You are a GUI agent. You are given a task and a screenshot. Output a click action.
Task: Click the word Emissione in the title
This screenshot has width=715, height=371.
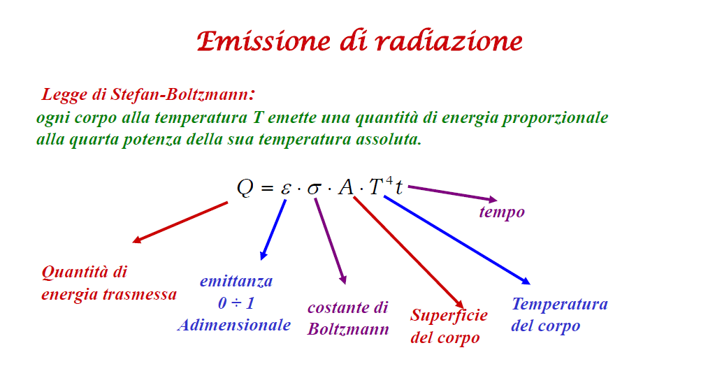point(263,41)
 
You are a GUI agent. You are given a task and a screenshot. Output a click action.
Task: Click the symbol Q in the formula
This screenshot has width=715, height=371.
point(245,187)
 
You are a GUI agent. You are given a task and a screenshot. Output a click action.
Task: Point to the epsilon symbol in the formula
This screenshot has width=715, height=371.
point(286,188)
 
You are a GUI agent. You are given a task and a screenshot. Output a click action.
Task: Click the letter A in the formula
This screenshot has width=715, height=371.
point(346,187)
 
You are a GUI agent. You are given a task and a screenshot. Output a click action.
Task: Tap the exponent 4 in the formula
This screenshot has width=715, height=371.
point(389,180)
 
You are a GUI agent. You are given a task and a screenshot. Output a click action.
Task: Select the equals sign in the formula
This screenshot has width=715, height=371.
point(267,188)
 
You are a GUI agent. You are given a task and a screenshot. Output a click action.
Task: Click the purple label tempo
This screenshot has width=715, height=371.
point(502,212)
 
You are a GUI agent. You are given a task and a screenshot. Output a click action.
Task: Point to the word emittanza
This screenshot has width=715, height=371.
point(236,281)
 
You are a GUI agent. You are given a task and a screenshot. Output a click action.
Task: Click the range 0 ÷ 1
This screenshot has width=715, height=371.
point(236,303)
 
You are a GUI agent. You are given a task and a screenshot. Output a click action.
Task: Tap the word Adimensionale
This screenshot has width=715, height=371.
point(234,325)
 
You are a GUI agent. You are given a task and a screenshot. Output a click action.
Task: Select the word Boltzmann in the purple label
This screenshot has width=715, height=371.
point(348,329)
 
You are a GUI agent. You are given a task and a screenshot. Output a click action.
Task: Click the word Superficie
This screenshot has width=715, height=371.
point(449,315)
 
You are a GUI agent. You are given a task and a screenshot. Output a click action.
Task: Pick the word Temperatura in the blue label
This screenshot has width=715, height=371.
point(560,304)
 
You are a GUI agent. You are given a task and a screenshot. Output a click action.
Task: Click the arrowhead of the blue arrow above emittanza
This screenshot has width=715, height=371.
point(263,256)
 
